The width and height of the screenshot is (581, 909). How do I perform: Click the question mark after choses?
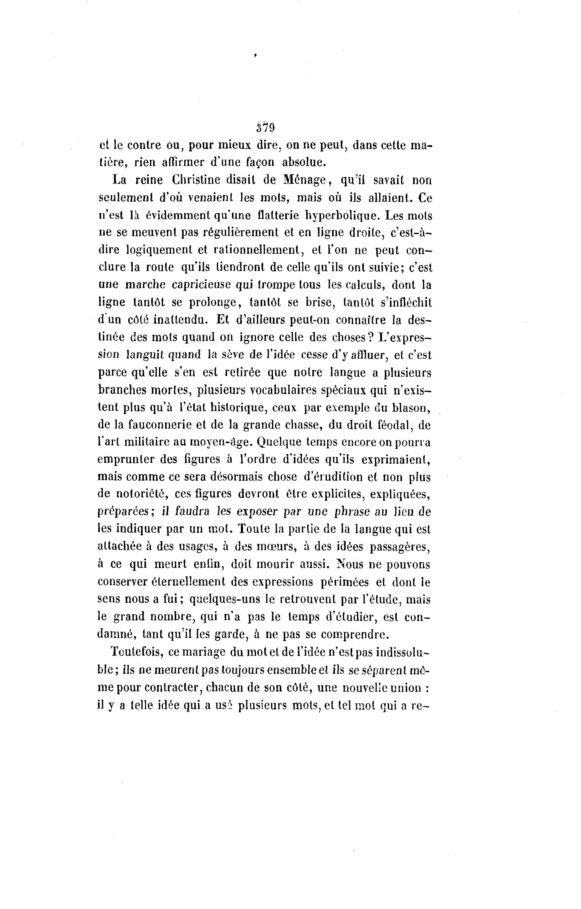click(x=371, y=337)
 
